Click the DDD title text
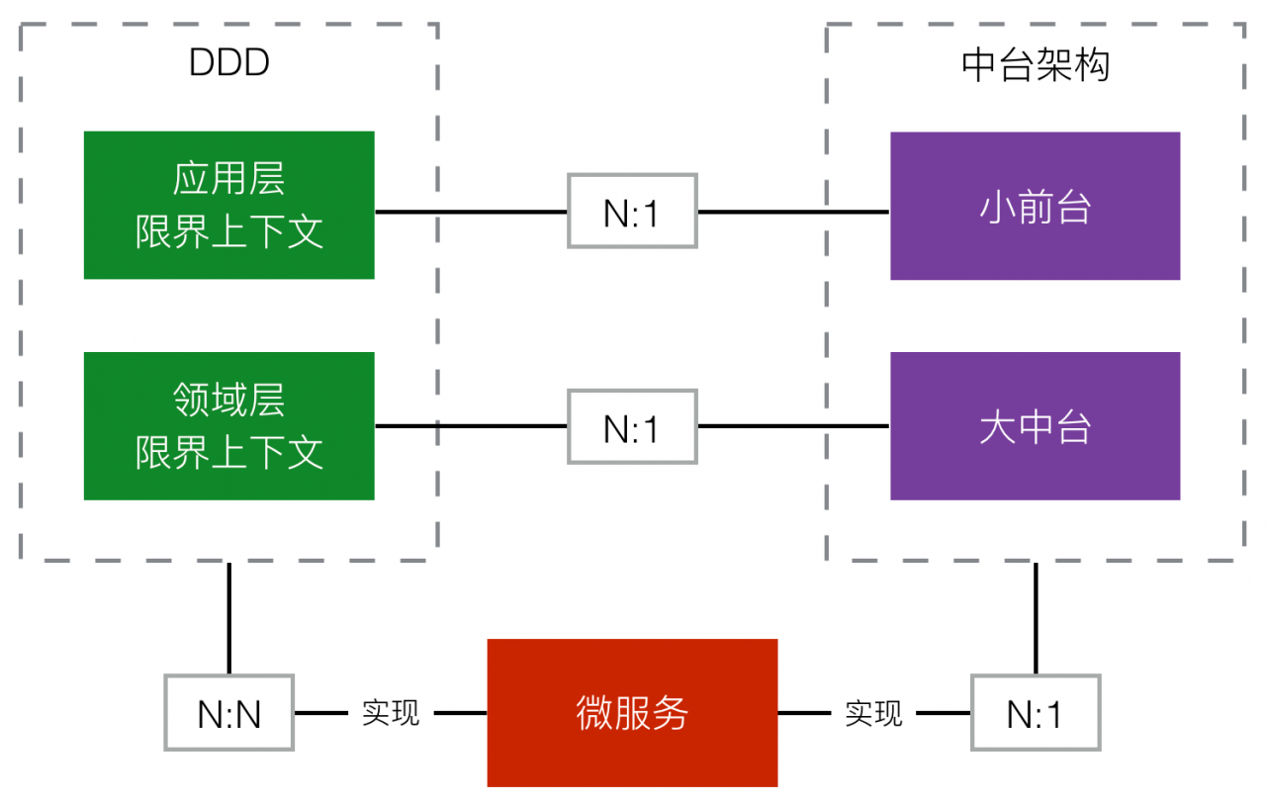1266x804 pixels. pos(228,62)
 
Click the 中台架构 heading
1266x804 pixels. pos(1036,65)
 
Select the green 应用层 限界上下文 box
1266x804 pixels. pos(228,205)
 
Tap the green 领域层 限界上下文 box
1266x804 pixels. pos(228,426)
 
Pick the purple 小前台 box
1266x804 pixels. pos(1036,206)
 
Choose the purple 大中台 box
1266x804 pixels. pos(1036,426)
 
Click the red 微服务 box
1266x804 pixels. pos(632,712)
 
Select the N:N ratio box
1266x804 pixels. pos(228,712)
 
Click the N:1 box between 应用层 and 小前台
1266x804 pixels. pos(632,211)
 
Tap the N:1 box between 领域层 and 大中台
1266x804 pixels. pos(632,426)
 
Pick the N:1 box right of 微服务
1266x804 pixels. pos(1036,712)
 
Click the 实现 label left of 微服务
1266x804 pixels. pos(391,713)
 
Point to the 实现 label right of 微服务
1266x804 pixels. pos(873,713)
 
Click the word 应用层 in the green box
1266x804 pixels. pos(228,179)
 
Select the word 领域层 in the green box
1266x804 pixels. pos(228,400)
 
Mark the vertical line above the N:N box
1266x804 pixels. pos(228,618)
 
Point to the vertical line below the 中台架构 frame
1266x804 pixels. pos(1036,618)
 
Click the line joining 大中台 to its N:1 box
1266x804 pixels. pos(794,426)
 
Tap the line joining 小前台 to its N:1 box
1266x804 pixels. pos(794,212)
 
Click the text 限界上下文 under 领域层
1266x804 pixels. pos(228,452)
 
